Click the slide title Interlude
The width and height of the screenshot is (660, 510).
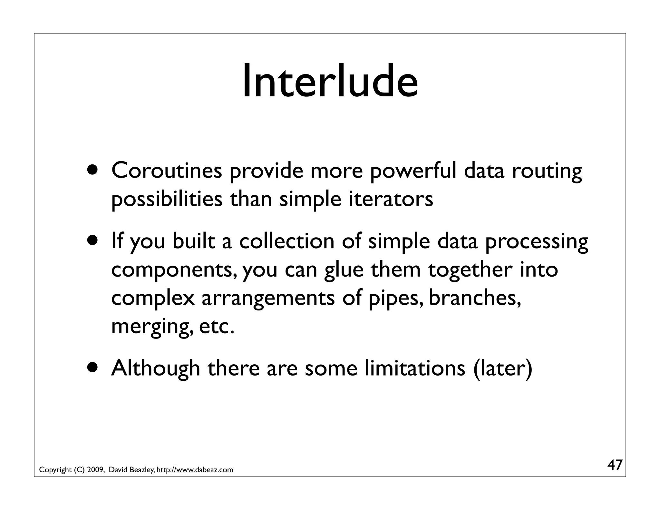coord(330,81)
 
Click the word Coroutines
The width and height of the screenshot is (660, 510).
coord(167,171)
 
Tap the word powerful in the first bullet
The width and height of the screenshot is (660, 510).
coord(413,171)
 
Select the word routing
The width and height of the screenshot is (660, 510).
coord(547,171)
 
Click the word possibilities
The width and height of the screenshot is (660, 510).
coord(167,199)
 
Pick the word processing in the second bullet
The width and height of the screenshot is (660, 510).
coord(537,241)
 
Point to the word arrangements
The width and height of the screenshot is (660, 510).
coord(268,298)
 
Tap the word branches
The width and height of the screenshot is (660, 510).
coord(474,298)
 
